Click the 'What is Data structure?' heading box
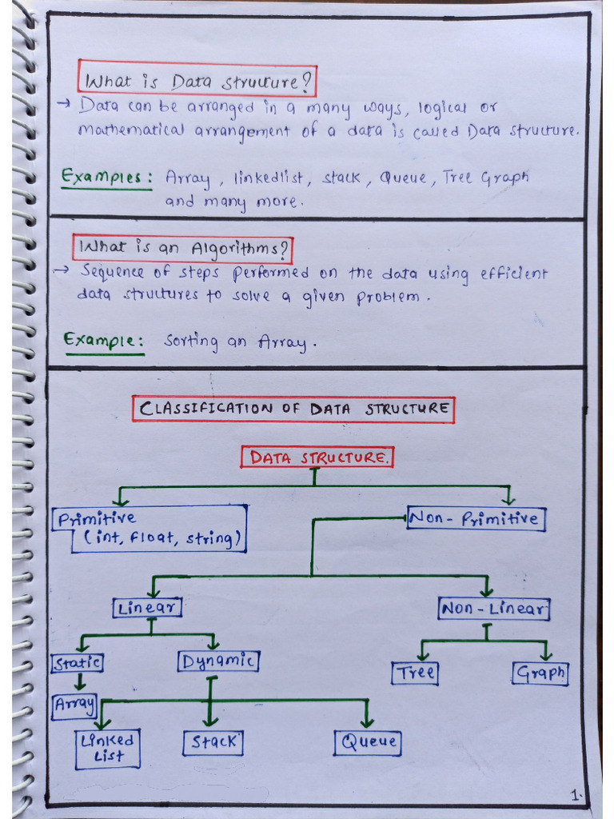197,81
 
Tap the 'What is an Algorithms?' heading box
182,249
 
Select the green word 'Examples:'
106,178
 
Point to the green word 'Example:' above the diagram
104,342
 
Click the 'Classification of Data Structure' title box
293,409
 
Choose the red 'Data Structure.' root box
318,457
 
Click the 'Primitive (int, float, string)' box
150,529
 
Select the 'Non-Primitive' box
476,519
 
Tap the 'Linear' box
148,608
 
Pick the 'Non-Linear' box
494,609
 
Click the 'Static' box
78,663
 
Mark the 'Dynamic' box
217,661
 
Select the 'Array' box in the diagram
74,705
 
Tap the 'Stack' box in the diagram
213,742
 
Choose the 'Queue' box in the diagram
368,742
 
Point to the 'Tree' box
415,673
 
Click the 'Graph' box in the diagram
540,673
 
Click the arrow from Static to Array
79,682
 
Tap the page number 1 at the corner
575,796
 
